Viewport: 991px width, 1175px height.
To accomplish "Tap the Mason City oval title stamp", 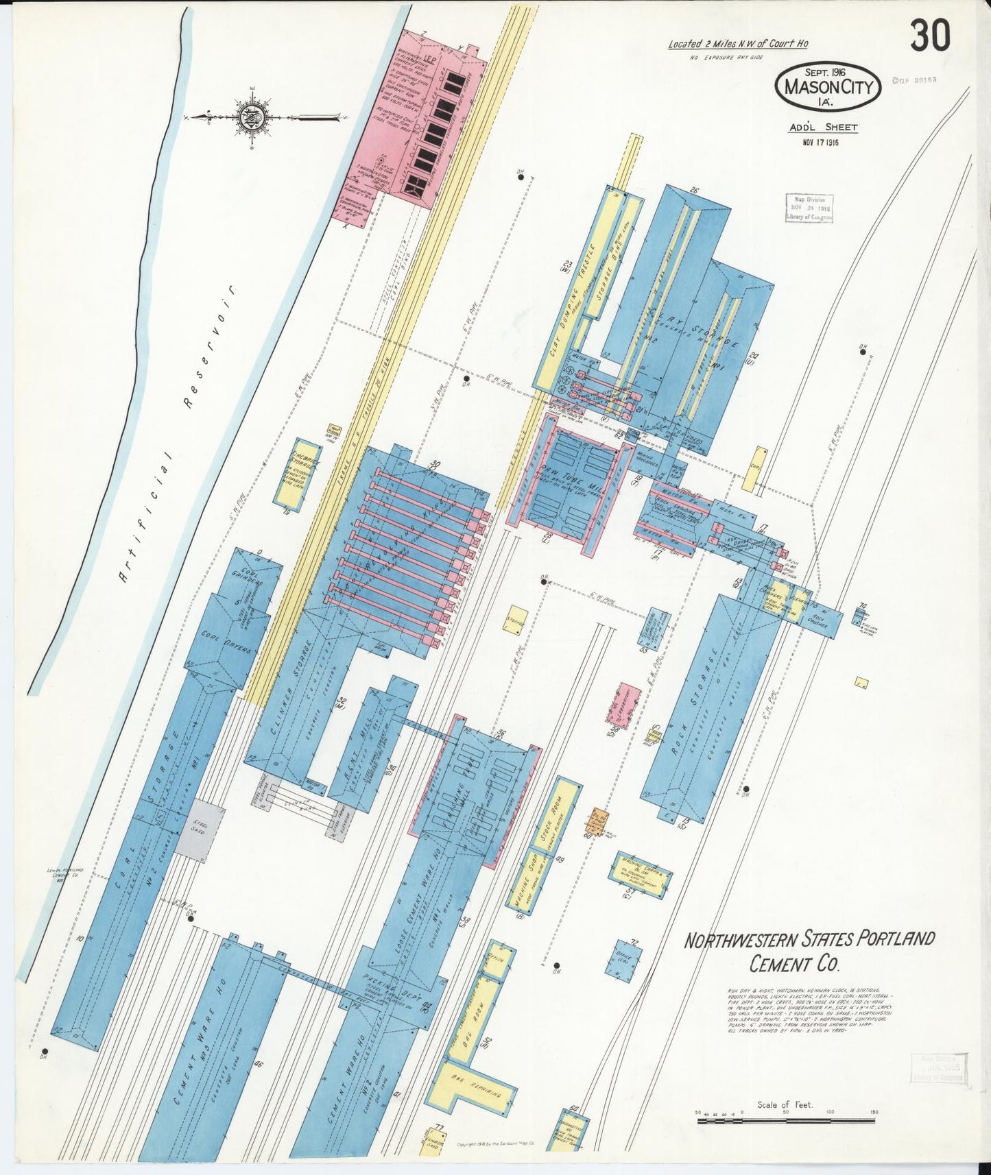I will pyautogui.click(x=828, y=87).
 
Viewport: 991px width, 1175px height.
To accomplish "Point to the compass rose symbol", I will pyautogui.click(x=248, y=118).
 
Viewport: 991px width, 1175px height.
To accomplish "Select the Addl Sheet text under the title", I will pyautogui.click(x=823, y=127).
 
